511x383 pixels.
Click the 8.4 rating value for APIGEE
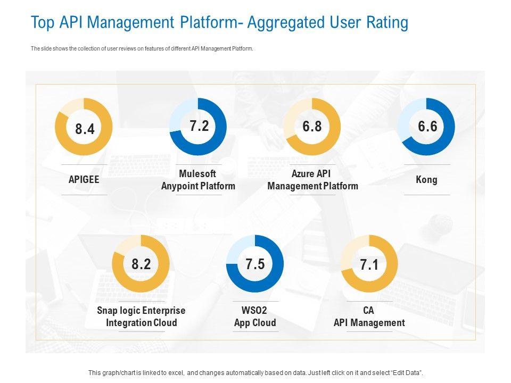(x=85, y=129)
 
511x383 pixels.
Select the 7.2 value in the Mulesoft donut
(x=199, y=126)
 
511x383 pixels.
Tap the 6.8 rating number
(x=312, y=126)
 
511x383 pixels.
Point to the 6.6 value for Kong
(x=427, y=126)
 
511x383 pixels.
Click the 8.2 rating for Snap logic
(x=141, y=264)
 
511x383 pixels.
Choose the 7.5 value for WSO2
(x=255, y=264)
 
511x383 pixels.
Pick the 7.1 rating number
(x=369, y=265)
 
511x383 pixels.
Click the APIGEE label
(x=84, y=180)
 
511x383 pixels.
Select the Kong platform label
(x=426, y=180)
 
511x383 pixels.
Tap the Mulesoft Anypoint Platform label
(x=198, y=180)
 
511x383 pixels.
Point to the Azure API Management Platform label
(x=312, y=180)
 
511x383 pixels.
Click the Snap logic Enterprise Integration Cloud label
(x=141, y=317)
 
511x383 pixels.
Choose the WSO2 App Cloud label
(x=255, y=317)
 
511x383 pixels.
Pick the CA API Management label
(x=369, y=317)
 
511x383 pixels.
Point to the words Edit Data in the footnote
(x=407, y=373)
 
